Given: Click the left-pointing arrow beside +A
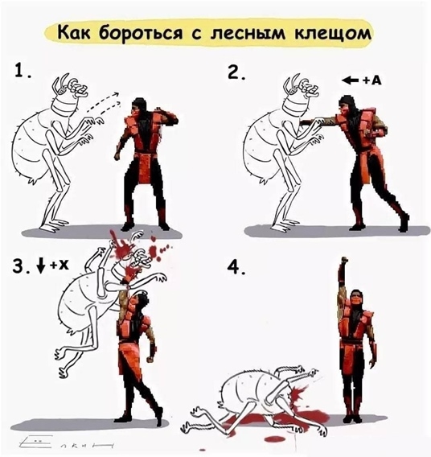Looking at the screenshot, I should (x=349, y=80).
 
